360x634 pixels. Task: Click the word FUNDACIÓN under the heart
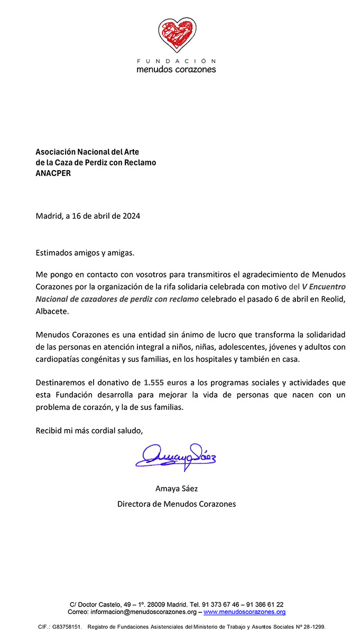click(176, 61)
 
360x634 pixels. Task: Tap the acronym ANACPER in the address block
click(53, 173)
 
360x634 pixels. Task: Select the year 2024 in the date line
click(131, 216)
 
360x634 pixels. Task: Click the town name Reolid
click(332, 299)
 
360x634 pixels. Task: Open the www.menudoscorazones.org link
click(244, 612)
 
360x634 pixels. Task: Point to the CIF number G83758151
click(66, 626)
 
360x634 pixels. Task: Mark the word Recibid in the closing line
click(48, 430)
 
